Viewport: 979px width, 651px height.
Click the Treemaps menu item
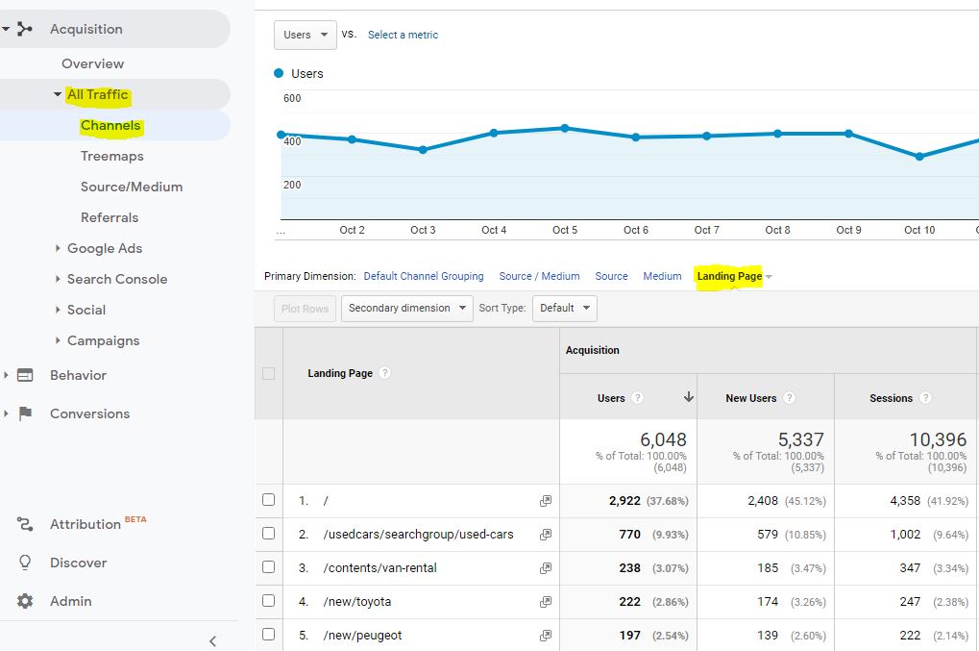(x=111, y=156)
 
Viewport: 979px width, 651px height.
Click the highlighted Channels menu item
(x=110, y=125)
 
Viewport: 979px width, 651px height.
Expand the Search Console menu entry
(x=116, y=279)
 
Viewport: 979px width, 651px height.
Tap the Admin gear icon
(x=26, y=601)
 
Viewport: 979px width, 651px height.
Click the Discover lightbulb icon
(x=26, y=563)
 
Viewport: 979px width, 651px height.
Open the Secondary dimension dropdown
(x=407, y=308)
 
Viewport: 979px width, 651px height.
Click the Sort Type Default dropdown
(x=564, y=308)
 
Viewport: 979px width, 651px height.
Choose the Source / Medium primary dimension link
(x=539, y=276)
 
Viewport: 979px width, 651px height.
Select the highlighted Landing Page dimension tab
(x=729, y=276)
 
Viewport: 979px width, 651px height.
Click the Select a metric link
(x=403, y=35)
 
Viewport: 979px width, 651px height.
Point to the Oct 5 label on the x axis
(x=565, y=230)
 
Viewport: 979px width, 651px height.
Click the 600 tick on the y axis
(x=292, y=98)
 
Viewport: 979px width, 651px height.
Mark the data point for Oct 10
(x=919, y=156)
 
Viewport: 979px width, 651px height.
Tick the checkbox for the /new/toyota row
(x=269, y=601)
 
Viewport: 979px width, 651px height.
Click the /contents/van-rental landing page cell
(x=379, y=567)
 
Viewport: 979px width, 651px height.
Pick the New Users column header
(x=750, y=398)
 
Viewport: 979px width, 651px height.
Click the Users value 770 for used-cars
(x=629, y=534)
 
